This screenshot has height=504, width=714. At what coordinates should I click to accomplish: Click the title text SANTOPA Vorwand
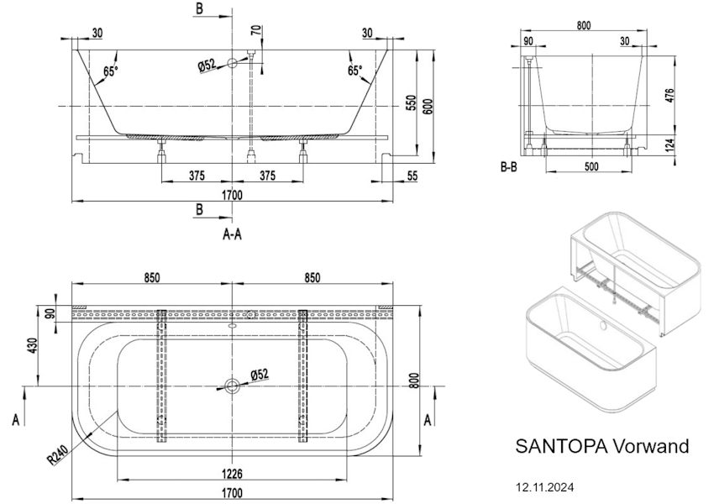point(601,446)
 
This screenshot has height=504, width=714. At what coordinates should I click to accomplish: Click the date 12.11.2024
point(545,486)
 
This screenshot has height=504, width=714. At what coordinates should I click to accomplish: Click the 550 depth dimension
point(412,102)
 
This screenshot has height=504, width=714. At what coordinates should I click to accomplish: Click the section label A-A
point(232,235)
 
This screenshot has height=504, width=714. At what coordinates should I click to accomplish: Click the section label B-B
point(508,166)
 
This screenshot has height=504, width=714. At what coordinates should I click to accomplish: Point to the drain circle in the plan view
point(232,386)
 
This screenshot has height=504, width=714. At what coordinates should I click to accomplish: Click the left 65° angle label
point(110,71)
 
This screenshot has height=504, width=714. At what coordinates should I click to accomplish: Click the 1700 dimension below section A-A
point(232,195)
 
